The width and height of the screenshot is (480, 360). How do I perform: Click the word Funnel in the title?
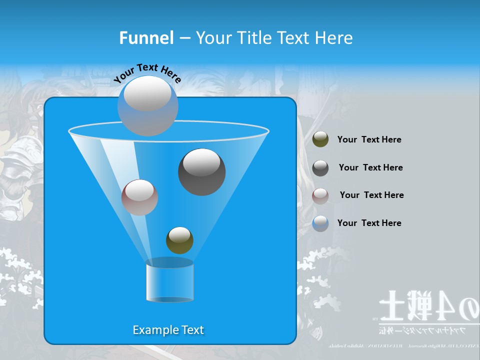pyautogui.click(x=146, y=38)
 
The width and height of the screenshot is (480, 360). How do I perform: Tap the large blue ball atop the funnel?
pyautogui.click(x=148, y=105)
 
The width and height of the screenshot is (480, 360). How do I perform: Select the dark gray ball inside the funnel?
pyautogui.click(x=201, y=172)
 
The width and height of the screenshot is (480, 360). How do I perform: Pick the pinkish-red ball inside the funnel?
pyautogui.click(x=139, y=197)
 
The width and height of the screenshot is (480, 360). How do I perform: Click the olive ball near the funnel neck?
pyautogui.click(x=179, y=240)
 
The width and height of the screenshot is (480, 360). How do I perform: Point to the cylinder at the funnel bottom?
pyautogui.click(x=169, y=281)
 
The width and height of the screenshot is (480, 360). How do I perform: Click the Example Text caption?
pyautogui.click(x=168, y=330)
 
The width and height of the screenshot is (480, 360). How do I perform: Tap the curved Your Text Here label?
pyautogui.click(x=147, y=72)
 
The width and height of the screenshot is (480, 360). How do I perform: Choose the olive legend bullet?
pyautogui.click(x=320, y=139)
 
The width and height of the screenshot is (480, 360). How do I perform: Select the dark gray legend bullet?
pyautogui.click(x=320, y=168)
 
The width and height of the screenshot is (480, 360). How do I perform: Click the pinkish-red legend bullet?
pyautogui.click(x=320, y=195)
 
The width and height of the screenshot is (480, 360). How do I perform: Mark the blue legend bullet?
pyautogui.click(x=320, y=223)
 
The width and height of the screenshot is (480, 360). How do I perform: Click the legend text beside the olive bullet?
pyautogui.click(x=369, y=139)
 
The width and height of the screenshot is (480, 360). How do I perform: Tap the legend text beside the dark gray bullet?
pyautogui.click(x=370, y=167)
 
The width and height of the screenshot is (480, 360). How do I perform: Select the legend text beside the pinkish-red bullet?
pyautogui.click(x=371, y=195)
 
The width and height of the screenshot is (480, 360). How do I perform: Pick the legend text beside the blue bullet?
pyautogui.click(x=369, y=223)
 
